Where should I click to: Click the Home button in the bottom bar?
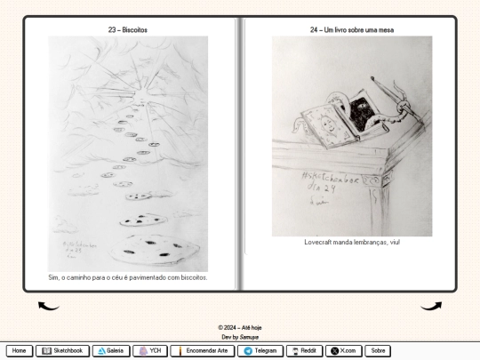[x=19, y=351]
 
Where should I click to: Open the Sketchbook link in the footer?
[x=62, y=351]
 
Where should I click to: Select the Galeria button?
[x=110, y=351]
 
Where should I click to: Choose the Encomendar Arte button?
[x=201, y=351]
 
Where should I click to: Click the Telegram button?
[x=260, y=351]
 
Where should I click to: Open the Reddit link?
[x=304, y=351]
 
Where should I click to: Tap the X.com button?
[x=343, y=351]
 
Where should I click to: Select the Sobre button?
[x=378, y=351]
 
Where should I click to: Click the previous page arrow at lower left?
[x=49, y=307]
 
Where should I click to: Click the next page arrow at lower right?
[x=431, y=307]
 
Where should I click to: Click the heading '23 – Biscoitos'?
[x=128, y=29]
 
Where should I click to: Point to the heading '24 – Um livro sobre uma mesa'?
[x=352, y=29]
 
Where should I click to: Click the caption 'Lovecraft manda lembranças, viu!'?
[x=352, y=242]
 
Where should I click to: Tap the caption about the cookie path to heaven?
[x=128, y=277]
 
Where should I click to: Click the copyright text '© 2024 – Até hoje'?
[x=240, y=328]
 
